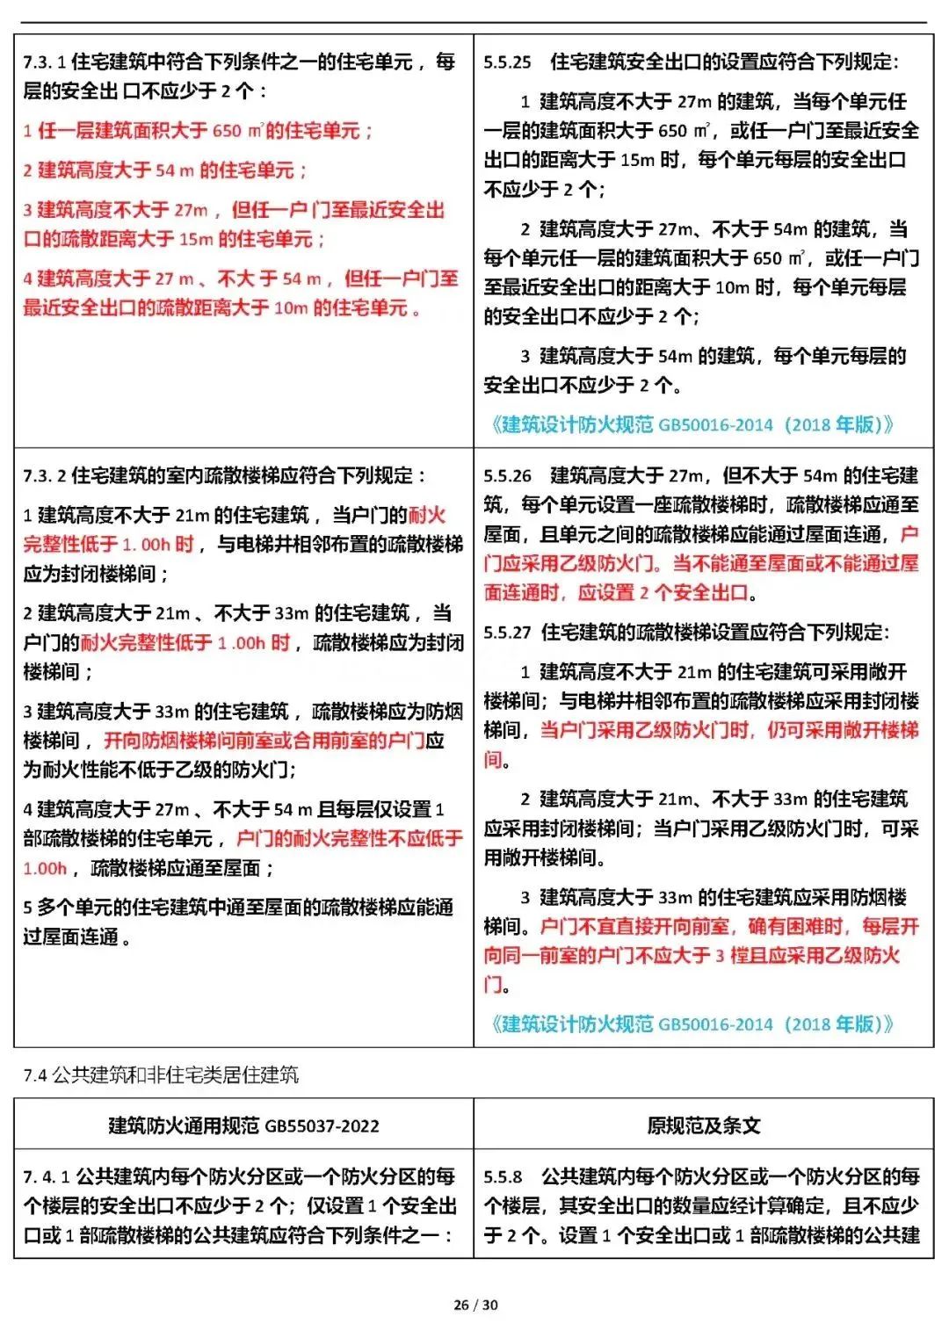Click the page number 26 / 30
click(475, 1305)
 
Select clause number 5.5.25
click(507, 62)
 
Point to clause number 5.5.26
click(507, 476)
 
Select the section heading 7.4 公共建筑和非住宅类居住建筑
click(161, 1074)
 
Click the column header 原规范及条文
click(703, 1125)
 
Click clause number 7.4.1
click(46, 1176)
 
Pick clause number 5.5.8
click(503, 1176)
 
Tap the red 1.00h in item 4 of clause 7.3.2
click(45, 869)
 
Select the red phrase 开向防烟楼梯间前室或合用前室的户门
click(264, 741)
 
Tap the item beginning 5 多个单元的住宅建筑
click(237, 908)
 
